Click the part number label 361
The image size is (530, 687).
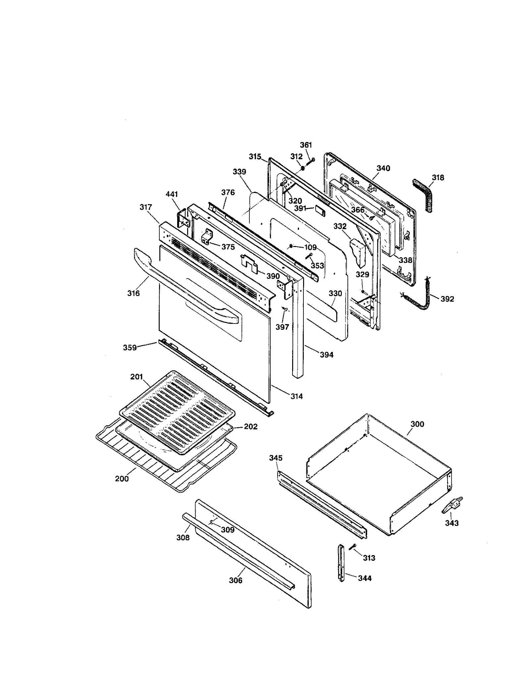305,145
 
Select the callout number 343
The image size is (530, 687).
451,523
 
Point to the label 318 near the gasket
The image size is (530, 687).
438,177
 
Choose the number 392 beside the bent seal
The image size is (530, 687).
447,299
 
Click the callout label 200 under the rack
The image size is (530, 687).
122,479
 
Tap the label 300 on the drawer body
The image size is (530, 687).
417,424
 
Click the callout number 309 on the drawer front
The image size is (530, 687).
228,530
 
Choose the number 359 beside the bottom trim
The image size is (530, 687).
130,347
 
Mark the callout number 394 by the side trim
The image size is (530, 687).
326,355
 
